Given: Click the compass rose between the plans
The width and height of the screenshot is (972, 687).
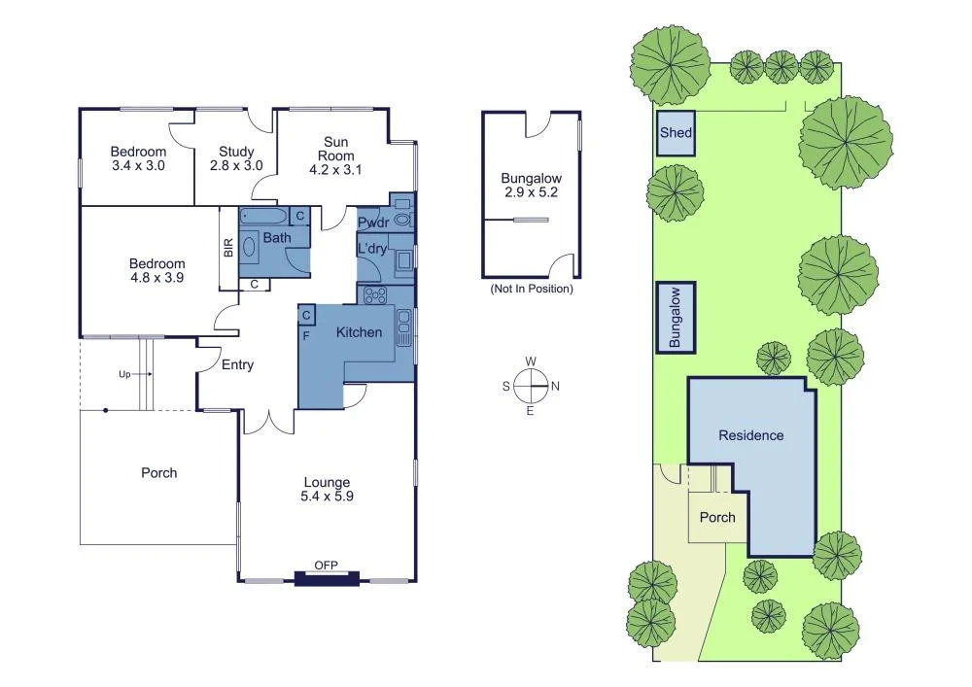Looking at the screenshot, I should point(531,386).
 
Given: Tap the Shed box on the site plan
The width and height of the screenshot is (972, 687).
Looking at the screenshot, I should point(676,134).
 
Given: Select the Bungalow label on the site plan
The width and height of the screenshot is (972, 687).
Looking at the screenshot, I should point(676,317).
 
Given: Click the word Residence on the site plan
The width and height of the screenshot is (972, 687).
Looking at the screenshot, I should point(750,435).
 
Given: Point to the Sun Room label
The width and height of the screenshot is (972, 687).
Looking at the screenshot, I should point(334,149).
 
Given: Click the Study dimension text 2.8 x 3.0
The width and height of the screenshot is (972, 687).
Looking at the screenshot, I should point(236,165).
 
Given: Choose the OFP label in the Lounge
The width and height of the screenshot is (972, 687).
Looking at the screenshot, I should point(326,565).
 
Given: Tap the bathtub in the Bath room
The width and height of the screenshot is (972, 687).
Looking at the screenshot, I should point(263,215).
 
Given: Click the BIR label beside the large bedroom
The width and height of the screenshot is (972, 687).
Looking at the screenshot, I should point(228,248).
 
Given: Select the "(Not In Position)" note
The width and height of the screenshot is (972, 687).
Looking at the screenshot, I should point(531,289).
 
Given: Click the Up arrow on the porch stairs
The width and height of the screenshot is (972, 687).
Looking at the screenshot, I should point(128,373).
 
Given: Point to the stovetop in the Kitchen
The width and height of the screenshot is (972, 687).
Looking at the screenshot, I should point(374,295).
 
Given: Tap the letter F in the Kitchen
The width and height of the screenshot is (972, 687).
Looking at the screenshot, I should point(306,336).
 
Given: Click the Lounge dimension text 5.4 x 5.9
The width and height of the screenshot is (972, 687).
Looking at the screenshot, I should point(327,496).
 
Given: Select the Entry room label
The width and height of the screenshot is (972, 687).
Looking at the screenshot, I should point(237,365).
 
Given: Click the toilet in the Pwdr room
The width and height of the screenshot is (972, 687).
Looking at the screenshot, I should point(401,221).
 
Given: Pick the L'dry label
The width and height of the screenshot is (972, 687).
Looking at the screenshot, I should point(372,249).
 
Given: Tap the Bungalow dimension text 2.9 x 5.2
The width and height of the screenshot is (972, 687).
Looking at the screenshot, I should point(531,192).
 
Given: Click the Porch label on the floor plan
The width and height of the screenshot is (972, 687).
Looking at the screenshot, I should point(159,473).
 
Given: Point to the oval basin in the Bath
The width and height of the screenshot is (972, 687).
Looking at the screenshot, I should point(249,247).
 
